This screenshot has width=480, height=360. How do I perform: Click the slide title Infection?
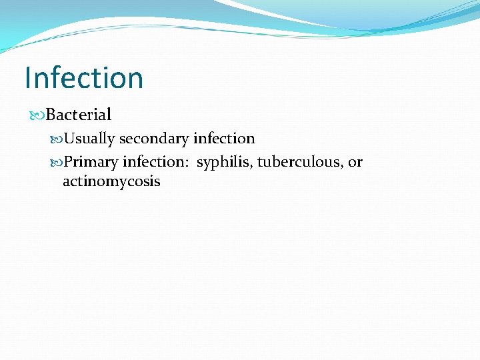coord(84,78)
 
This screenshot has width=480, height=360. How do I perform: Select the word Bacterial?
coord(79,115)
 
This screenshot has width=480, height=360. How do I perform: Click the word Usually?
coord(89,139)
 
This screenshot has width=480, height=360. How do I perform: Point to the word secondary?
coord(154,139)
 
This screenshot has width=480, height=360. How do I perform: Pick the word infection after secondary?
coord(224,139)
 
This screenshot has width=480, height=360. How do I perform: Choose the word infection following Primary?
coord(153,162)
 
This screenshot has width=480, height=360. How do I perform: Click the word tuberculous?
coord(299,162)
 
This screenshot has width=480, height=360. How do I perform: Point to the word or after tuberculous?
coord(355,163)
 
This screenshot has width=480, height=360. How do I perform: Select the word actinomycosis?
coord(111,181)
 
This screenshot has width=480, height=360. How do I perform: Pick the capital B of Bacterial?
coord(51,115)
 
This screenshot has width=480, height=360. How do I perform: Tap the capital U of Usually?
coord(68,139)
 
